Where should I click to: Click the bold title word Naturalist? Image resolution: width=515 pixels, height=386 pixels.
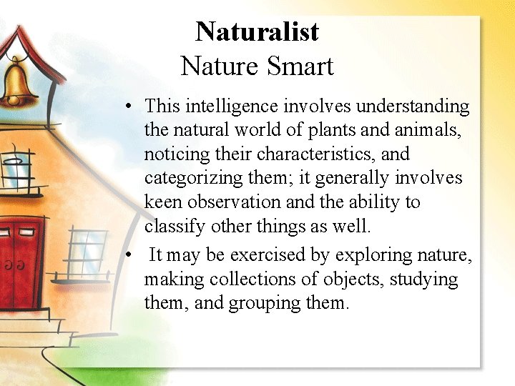257,31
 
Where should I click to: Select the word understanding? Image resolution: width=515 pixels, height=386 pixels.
413,107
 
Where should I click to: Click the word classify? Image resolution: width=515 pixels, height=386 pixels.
171,227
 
